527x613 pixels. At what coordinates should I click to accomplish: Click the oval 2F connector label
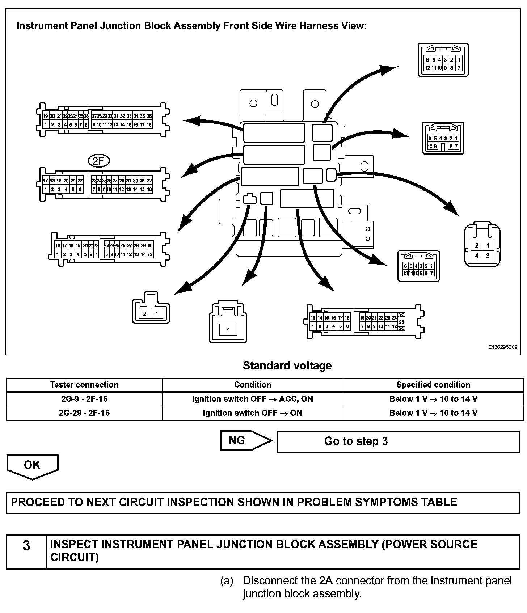coord(98,161)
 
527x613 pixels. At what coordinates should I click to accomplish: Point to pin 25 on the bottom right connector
coord(401,322)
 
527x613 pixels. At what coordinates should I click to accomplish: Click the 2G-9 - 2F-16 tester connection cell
coord(84,399)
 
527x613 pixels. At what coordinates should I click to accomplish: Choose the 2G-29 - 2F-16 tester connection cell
coord(84,413)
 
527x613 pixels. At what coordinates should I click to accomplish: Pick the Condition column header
coord(252,385)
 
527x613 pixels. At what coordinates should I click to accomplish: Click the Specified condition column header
coord(433,385)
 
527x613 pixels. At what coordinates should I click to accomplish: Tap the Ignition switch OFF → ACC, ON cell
coord(252,399)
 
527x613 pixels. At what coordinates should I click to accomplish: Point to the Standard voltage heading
coord(287,365)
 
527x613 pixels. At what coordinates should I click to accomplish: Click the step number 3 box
coord(26,545)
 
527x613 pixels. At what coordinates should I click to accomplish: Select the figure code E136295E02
coord(502,347)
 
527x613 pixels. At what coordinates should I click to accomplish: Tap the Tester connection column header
coord(84,385)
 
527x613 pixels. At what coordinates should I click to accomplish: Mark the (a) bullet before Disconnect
coord(227,581)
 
